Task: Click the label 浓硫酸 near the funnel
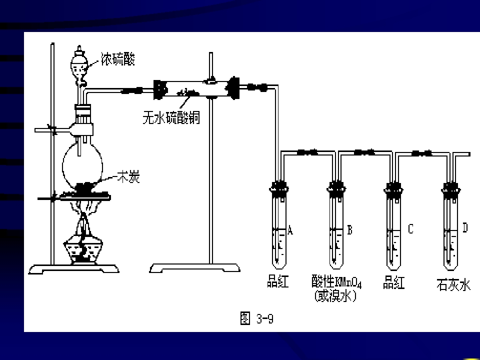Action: (118, 59)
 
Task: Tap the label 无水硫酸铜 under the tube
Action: (171, 117)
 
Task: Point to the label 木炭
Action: (128, 176)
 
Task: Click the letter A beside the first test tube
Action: (290, 229)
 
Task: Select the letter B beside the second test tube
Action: (349, 229)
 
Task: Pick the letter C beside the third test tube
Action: (411, 228)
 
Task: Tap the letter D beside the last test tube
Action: (465, 228)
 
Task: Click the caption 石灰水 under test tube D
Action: (453, 284)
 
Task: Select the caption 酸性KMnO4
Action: (336, 281)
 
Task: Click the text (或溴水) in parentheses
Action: (335, 295)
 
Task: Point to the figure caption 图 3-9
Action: (256, 318)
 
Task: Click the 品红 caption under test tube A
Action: (277, 281)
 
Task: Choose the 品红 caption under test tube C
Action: (394, 282)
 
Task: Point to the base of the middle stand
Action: (195, 268)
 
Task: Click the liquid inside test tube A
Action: (278, 248)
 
